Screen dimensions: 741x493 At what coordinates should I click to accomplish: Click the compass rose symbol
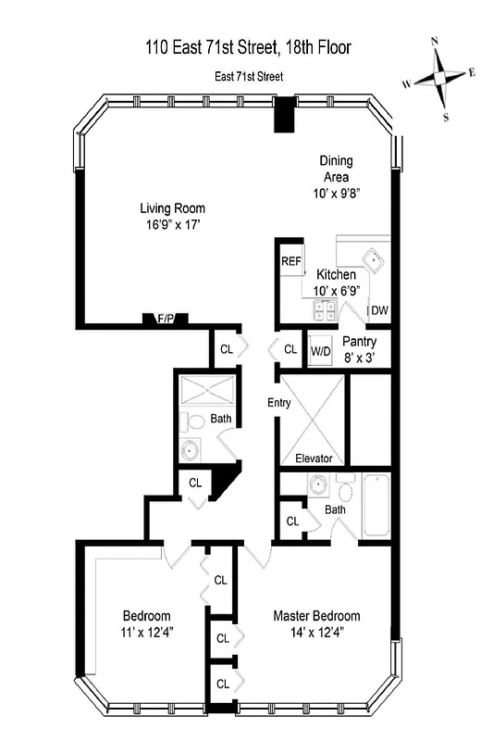[x=442, y=78]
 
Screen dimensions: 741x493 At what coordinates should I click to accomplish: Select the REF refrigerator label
[x=291, y=261]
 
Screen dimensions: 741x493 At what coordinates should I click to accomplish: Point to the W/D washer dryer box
[x=321, y=350]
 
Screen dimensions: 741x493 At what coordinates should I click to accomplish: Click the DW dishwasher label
[x=379, y=310]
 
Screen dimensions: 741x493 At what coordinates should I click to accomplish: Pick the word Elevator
[x=314, y=458]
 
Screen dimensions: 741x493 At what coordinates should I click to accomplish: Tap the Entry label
[x=279, y=403]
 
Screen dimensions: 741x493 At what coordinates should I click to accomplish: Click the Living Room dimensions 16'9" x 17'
[x=172, y=224]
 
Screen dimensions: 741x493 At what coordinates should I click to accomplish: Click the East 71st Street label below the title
[x=248, y=77]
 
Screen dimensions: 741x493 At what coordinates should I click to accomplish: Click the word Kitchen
[x=336, y=275]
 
